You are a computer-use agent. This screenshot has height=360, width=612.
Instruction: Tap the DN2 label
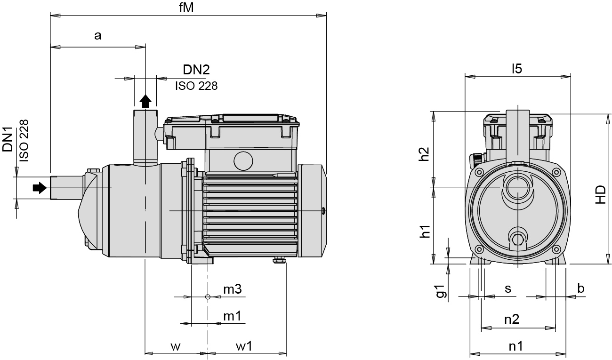[x=196, y=70]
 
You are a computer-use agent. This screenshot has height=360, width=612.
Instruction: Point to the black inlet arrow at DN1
[x=40, y=188]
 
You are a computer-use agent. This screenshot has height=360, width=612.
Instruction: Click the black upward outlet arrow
[x=145, y=100]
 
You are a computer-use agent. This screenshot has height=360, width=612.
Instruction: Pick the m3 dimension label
[x=232, y=289]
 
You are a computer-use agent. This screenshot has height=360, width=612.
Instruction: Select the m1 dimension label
[x=232, y=316]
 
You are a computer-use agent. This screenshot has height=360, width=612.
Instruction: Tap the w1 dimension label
[x=244, y=347]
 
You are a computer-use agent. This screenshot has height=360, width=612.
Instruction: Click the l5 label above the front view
[x=517, y=69]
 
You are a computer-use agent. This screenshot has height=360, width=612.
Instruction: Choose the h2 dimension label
[x=425, y=154]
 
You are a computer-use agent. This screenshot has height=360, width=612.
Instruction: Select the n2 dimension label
[x=512, y=320]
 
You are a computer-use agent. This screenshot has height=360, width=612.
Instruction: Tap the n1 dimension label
[x=516, y=346]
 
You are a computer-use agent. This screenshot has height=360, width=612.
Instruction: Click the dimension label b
[x=581, y=288]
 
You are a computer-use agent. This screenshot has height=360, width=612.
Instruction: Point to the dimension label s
[x=508, y=288]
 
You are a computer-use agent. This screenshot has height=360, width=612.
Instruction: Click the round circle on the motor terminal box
[x=243, y=161]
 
